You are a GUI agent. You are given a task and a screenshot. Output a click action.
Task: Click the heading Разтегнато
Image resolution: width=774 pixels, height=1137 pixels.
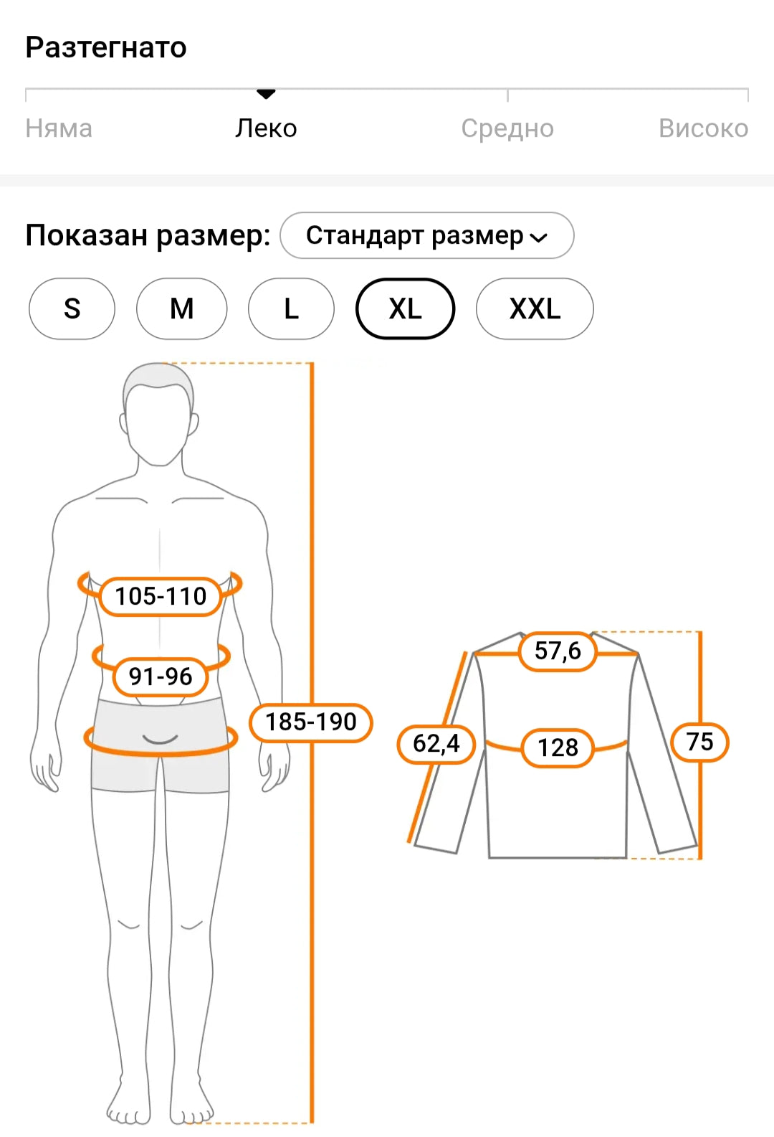pyautogui.click(x=106, y=48)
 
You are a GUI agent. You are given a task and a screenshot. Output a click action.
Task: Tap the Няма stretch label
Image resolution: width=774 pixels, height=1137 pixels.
pyautogui.click(x=59, y=128)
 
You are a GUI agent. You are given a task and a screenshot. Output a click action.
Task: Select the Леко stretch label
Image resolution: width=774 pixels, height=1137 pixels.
pyautogui.click(x=266, y=128)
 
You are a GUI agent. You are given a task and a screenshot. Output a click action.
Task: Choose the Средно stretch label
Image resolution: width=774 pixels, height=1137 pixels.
pyautogui.click(x=507, y=128)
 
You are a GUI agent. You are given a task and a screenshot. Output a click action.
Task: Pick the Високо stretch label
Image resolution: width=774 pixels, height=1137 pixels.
pyautogui.click(x=703, y=128)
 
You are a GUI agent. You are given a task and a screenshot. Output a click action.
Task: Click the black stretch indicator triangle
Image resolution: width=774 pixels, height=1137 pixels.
pyautogui.click(x=266, y=94)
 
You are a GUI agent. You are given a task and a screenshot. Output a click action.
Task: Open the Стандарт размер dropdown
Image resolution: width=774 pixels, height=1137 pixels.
pyautogui.click(x=426, y=235)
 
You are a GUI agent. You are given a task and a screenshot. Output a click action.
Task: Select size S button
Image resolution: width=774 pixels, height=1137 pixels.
pyautogui.click(x=72, y=308)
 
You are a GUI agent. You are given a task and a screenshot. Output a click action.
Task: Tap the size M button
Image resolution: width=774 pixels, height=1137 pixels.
pyautogui.click(x=181, y=308)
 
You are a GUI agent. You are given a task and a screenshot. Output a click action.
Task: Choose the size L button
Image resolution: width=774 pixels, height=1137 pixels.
pyautogui.click(x=291, y=308)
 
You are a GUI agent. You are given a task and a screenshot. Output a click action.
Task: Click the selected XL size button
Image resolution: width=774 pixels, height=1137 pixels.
pyautogui.click(x=405, y=308)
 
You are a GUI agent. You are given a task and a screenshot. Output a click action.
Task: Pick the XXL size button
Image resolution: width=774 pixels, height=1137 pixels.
pyautogui.click(x=535, y=308)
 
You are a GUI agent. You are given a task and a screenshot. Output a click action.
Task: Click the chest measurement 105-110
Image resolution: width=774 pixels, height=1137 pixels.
pyautogui.click(x=161, y=596)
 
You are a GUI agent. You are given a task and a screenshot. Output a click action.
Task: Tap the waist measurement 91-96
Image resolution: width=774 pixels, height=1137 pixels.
pyautogui.click(x=161, y=676)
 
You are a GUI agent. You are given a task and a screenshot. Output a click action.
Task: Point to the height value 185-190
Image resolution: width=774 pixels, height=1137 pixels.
pyautogui.click(x=311, y=722)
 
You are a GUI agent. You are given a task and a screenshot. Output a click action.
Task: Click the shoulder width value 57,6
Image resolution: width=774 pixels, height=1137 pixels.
pyautogui.click(x=558, y=651)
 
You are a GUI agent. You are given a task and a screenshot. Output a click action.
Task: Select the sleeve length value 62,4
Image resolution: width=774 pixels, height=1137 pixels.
pyautogui.click(x=436, y=744)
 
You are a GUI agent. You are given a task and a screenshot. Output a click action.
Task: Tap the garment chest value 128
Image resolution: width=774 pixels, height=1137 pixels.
pyautogui.click(x=558, y=747)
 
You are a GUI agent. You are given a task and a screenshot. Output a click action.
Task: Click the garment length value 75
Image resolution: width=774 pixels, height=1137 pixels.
pyautogui.click(x=699, y=742)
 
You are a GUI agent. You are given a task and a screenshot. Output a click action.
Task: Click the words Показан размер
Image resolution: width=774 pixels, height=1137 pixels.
pyautogui.click(x=148, y=235)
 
